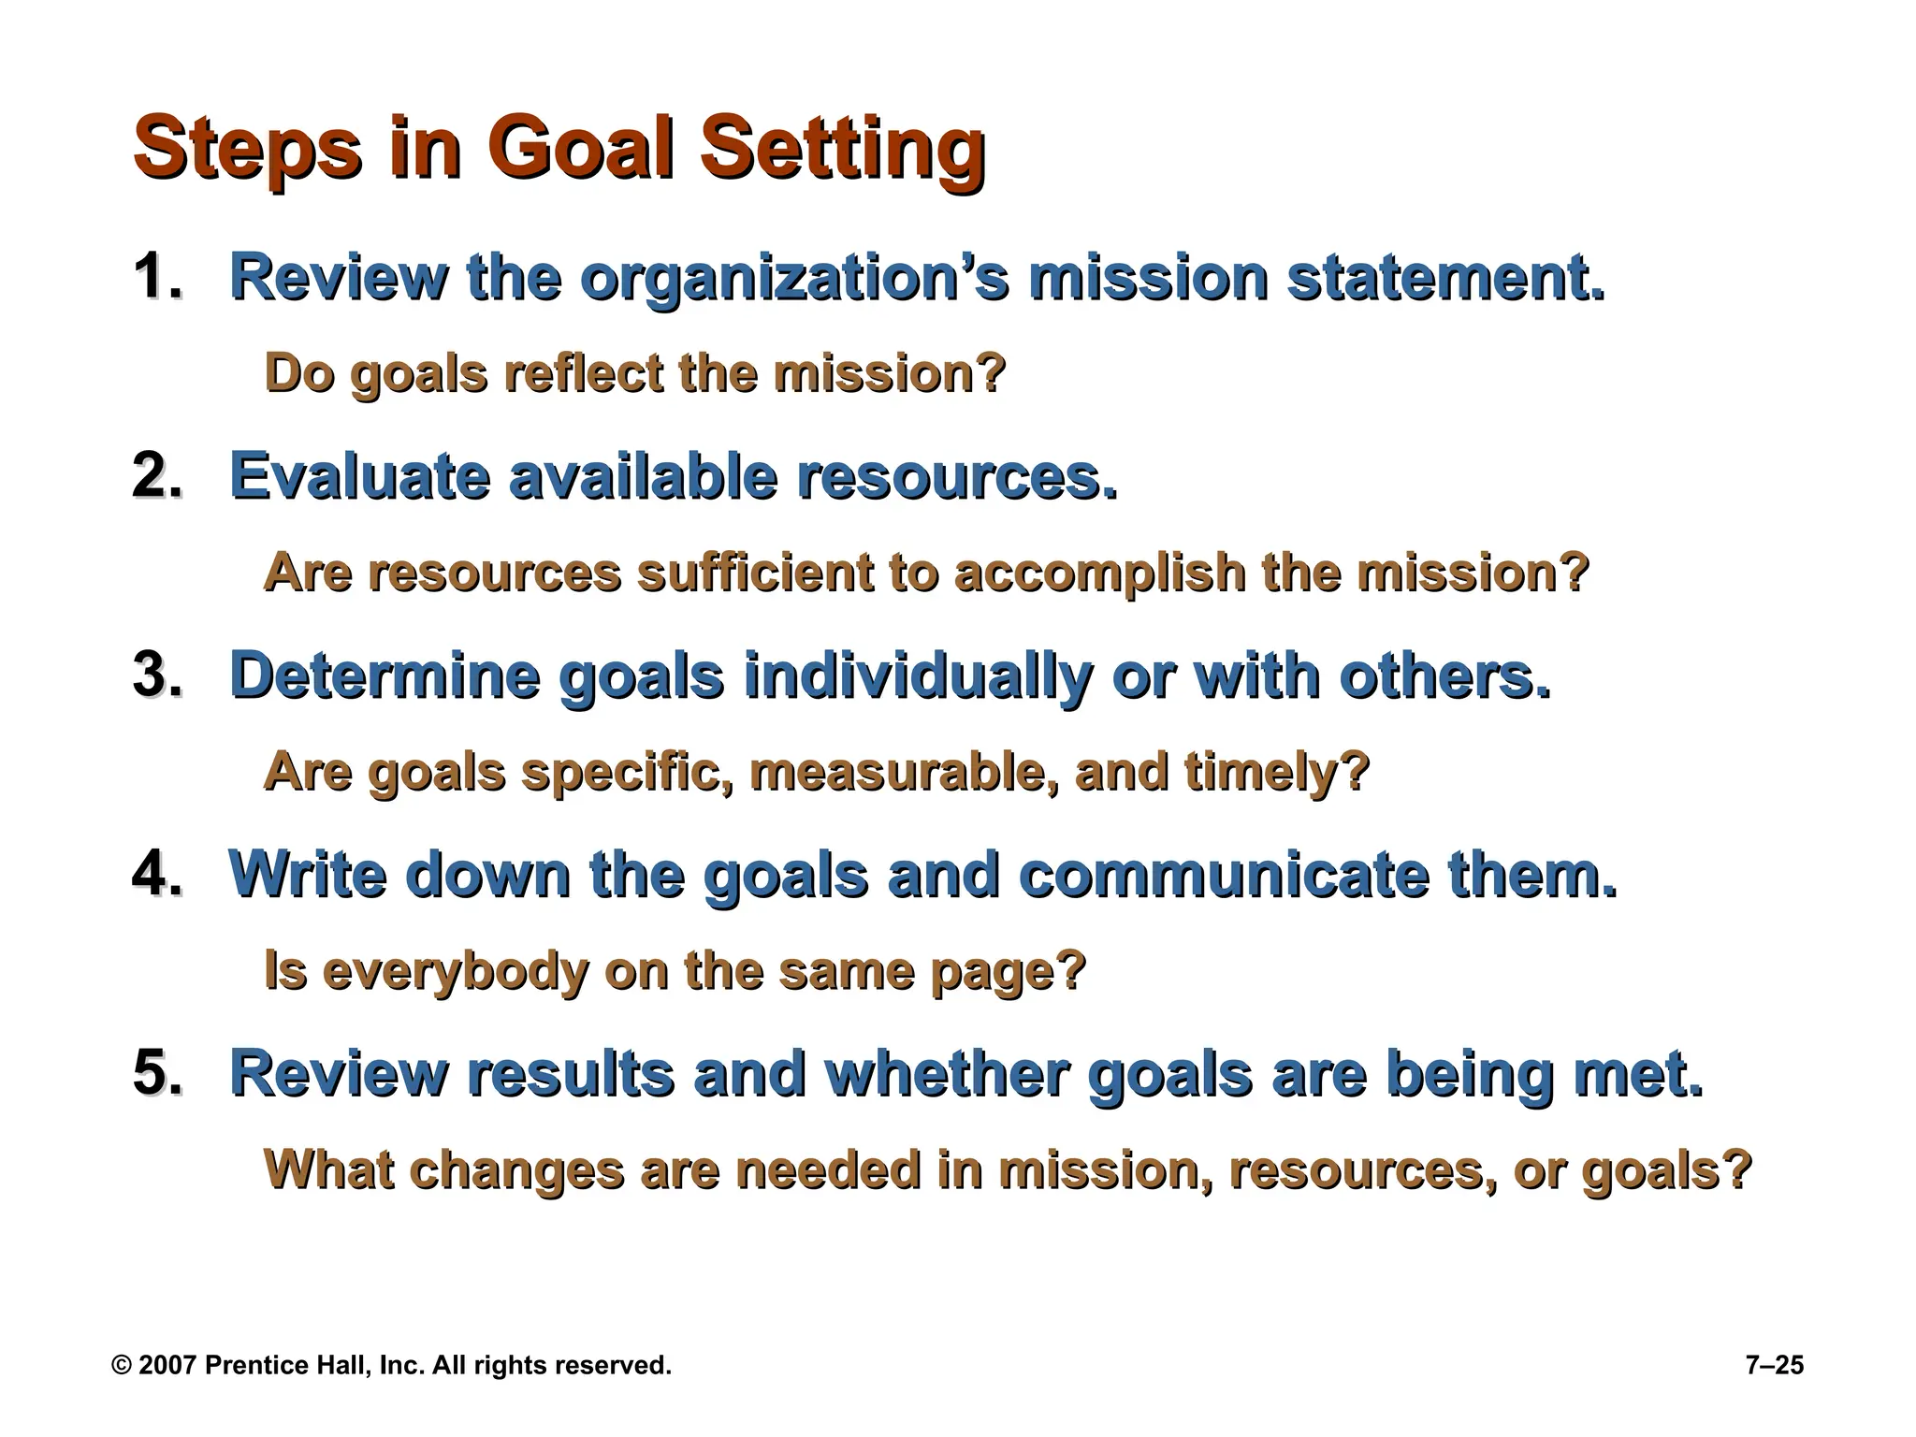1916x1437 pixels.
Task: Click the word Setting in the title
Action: point(842,150)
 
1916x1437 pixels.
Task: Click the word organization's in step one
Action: point(794,279)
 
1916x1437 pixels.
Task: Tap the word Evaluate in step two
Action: point(359,476)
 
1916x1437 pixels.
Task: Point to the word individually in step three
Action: point(917,676)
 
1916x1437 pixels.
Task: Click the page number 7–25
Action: point(1774,1366)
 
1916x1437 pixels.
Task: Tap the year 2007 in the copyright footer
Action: point(168,1366)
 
